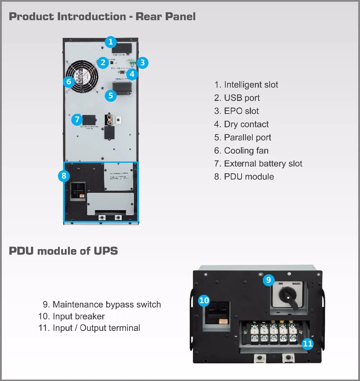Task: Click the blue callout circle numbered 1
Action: pyautogui.click(x=111, y=42)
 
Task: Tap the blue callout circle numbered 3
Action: pyautogui.click(x=143, y=62)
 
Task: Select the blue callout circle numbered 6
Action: pyautogui.click(x=69, y=81)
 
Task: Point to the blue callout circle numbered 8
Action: pyautogui.click(x=64, y=176)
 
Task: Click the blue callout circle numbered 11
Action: pyautogui.click(x=307, y=344)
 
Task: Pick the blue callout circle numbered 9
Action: pyautogui.click(x=268, y=280)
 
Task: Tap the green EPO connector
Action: pyautogui.click(x=133, y=62)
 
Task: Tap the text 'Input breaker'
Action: pyautogui.click(x=78, y=316)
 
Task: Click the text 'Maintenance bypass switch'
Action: pyautogui.click(x=107, y=305)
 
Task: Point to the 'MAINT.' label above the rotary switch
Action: pyautogui.click(x=297, y=284)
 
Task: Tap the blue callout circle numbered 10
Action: pyautogui.click(x=204, y=300)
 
